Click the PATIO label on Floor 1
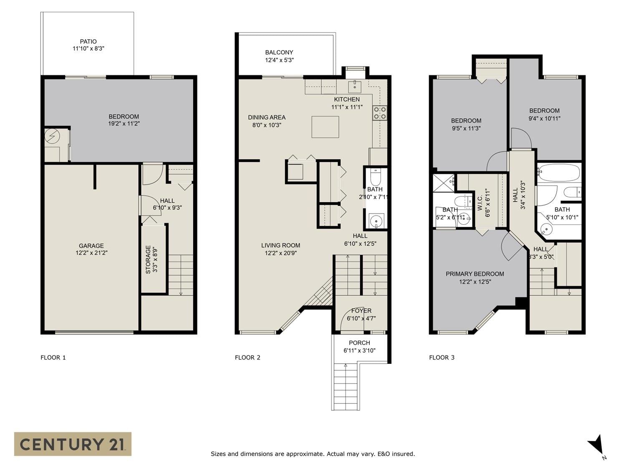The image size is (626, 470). (x=88, y=42)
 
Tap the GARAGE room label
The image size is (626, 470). (x=91, y=246)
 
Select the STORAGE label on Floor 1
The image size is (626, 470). (x=148, y=260)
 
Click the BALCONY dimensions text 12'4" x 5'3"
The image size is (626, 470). (x=279, y=60)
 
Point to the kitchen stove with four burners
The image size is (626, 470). (x=380, y=113)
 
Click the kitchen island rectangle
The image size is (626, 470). (x=326, y=127)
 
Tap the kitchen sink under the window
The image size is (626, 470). (x=354, y=85)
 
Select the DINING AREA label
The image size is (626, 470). (x=267, y=117)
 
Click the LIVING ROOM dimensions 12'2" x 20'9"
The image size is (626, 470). (x=280, y=253)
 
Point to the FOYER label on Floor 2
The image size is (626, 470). (x=361, y=311)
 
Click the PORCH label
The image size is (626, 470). (x=359, y=343)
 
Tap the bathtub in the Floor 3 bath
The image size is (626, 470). (x=559, y=173)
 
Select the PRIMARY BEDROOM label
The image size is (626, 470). (x=475, y=274)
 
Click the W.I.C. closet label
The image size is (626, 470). (x=480, y=203)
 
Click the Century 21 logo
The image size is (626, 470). (x=73, y=444)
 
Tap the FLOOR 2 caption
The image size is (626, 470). (x=247, y=358)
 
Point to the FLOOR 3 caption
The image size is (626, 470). (x=442, y=358)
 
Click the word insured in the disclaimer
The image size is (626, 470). (x=403, y=454)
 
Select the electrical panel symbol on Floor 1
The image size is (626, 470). (x=52, y=137)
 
